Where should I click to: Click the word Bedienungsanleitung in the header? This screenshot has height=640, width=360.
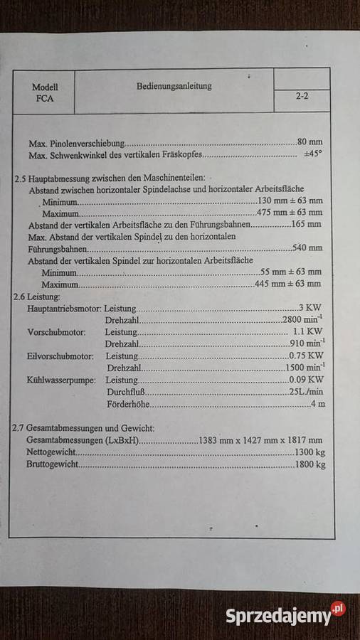pyautogui.click(x=174, y=86)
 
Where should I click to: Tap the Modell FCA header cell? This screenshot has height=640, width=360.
pyautogui.click(x=44, y=92)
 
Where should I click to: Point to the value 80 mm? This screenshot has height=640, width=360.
pyautogui.click(x=309, y=142)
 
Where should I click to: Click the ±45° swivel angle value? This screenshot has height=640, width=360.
pyautogui.click(x=312, y=154)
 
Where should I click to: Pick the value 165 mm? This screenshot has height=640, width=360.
pyautogui.click(x=307, y=224)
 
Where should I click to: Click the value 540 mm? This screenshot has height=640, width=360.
pyautogui.click(x=307, y=247)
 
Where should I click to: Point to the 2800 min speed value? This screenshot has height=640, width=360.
pyautogui.click(x=304, y=319)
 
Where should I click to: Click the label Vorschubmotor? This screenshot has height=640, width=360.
pyautogui.click(x=56, y=332)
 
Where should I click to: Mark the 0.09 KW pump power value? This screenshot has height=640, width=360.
pyautogui.click(x=308, y=380)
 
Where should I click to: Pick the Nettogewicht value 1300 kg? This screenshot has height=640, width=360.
pyautogui.click(x=310, y=452)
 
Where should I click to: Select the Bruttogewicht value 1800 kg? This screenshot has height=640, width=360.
pyautogui.click(x=310, y=464)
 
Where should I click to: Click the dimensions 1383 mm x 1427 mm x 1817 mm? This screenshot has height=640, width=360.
pyautogui.click(x=261, y=440)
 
